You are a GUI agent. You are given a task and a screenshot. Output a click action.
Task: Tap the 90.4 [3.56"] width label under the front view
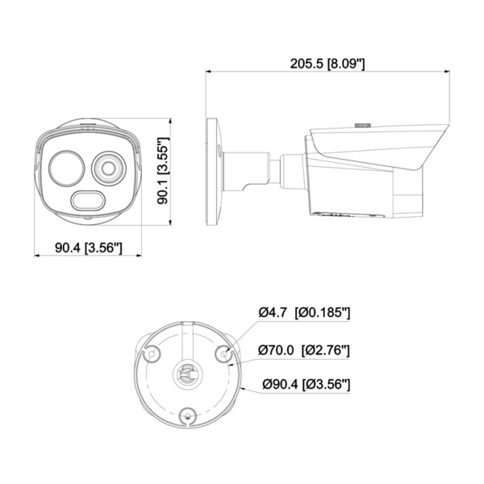(x=89, y=248)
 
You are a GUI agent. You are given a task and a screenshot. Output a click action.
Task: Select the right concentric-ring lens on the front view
(x=108, y=169)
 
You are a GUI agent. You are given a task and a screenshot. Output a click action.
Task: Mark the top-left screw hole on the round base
(x=148, y=352)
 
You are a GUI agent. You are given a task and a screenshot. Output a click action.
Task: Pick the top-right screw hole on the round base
(x=225, y=352)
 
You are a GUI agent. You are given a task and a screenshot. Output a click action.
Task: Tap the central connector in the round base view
(x=187, y=375)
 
